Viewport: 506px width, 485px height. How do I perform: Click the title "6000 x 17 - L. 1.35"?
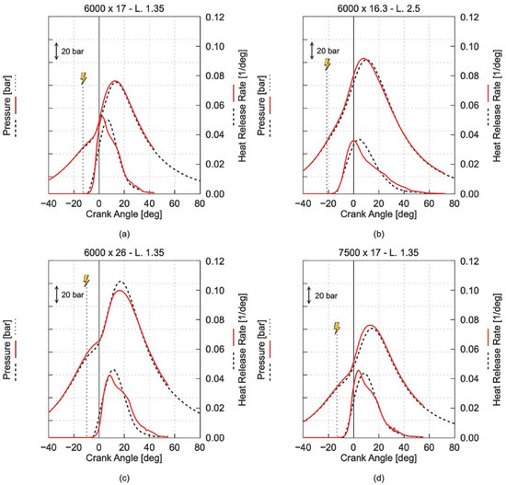click(x=124, y=8)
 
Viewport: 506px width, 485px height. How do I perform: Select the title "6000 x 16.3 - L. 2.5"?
click(x=378, y=8)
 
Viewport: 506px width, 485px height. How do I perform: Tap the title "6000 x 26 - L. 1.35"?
click(x=124, y=252)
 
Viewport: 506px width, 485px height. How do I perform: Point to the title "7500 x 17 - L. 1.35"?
click(x=378, y=252)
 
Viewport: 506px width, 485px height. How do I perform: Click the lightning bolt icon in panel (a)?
click(x=84, y=78)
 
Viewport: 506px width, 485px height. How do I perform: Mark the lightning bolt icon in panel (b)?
click(x=328, y=64)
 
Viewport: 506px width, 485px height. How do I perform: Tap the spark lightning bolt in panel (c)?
click(x=86, y=281)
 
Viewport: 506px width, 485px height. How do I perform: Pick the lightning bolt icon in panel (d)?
click(x=337, y=328)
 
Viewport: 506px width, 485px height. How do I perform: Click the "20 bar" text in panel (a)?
click(x=73, y=51)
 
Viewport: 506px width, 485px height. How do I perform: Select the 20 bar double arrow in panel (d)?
click(x=309, y=295)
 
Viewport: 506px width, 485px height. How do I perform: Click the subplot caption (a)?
click(x=124, y=234)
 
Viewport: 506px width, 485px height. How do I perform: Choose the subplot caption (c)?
click(x=124, y=478)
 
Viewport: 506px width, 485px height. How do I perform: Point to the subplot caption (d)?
click(x=378, y=478)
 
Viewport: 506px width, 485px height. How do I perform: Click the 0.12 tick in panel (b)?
click(x=469, y=17)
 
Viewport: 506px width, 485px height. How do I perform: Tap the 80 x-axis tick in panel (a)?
click(x=200, y=203)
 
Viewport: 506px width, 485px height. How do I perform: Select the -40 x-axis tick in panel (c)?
click(x=49, y=447)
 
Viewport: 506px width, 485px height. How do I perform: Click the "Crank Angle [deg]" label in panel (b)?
click(x=378, y=214)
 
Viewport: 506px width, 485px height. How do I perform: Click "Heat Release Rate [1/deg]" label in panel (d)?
click(x=498, y=350)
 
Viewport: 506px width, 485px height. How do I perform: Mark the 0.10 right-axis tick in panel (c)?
click(x=215, y=290)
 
